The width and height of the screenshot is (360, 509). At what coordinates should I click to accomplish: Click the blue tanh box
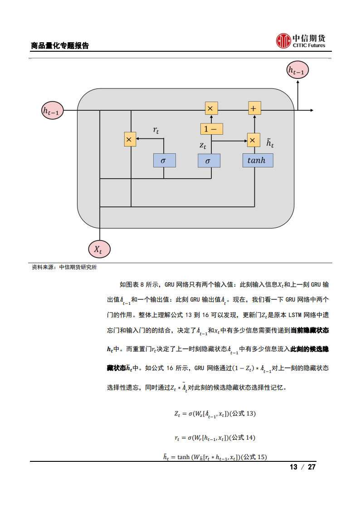coord(258,161)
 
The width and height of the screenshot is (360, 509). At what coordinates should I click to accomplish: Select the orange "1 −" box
coord(211,129)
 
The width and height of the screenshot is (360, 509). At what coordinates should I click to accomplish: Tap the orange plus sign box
coord(254,108)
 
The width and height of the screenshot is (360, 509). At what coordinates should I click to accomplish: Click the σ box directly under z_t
coord(209,161)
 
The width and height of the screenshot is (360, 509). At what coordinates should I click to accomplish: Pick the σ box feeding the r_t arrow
coord(164,161)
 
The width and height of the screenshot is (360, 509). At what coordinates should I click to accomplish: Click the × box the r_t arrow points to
coord(130,140)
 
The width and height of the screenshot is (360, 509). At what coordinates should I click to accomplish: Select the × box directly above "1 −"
coord(211,108)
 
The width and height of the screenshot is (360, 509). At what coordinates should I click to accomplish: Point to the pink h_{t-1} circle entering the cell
coord(53,110)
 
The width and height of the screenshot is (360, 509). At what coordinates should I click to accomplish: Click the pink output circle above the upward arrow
coord(298,70)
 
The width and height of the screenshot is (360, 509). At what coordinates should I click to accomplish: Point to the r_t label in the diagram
coord(156,131)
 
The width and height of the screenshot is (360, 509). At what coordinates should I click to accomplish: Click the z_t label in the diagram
coord(203,146)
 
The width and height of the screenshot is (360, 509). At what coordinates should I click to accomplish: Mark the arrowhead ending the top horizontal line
coord(311,110)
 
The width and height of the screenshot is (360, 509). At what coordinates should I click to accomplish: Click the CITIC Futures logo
coord(301,41)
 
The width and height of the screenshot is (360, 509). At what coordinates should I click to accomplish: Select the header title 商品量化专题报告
coord(59,46)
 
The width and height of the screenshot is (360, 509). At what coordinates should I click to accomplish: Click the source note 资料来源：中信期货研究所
coord(64,267)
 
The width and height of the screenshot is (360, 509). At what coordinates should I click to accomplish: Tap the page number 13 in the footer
coord(293,467)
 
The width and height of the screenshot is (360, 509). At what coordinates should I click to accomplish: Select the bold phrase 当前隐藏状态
coord(309,331)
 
